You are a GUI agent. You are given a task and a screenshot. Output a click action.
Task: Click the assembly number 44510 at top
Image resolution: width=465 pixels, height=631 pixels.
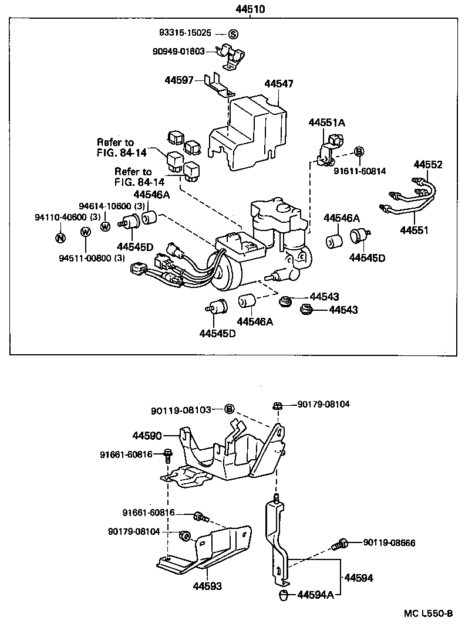click(250, 9)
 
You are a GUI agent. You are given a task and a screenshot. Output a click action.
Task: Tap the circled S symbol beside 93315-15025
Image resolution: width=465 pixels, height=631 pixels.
click(233, 34)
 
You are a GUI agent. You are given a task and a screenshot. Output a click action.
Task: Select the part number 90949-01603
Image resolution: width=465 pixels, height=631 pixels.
click(178, 52)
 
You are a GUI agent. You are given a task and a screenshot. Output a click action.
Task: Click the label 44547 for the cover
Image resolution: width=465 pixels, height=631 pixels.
click(279, 84)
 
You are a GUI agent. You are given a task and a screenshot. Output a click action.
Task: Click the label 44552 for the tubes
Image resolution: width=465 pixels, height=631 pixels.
click(428, 165)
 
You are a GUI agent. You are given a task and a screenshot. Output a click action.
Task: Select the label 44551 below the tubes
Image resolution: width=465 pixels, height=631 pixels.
click(416, 232)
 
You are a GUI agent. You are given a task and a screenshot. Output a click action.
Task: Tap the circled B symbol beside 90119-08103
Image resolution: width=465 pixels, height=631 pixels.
click(230, 409)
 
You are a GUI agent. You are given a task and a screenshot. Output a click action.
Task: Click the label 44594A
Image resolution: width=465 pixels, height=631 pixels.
click(315, 595)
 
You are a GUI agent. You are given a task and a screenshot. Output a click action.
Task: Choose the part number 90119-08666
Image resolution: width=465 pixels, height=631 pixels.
click(389, 543)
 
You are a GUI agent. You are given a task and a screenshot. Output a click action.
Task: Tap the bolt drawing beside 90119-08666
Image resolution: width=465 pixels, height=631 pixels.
click(339, 544)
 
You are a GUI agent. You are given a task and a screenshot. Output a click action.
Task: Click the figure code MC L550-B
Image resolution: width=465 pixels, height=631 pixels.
click(428, 614)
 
